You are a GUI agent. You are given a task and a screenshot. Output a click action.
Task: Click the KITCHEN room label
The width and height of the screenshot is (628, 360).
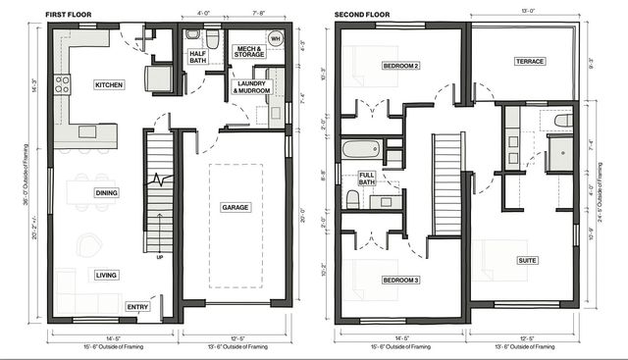pyautogui.click(x=109, y=85)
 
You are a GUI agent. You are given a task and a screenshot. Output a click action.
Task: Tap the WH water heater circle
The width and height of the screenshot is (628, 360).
pyautogui.click(x=276, y=39)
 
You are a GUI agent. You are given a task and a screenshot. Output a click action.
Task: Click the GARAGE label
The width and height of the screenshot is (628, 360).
pyautogui.click(x=235, y=207)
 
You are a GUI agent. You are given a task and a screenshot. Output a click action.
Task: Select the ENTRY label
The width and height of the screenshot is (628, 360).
pyautogui.click(x=137, y=307)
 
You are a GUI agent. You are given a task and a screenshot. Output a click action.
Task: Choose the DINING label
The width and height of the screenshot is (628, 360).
pyautogui.click(x=106, y=193)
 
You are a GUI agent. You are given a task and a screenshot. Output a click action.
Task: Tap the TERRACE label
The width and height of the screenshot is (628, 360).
pyautogui.click(x=530, y=61)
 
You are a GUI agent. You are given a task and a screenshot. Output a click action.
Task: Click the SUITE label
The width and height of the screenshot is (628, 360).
pyautogui.click(x=528, y=261)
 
